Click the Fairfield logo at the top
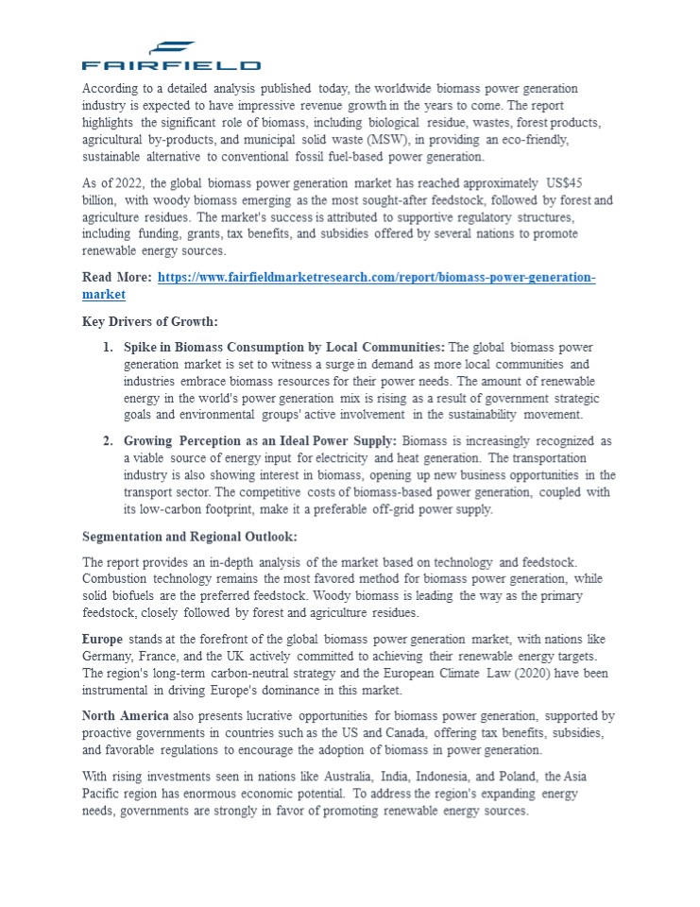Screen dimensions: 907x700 171,57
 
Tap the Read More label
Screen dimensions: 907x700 116,277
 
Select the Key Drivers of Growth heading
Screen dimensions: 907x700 150,321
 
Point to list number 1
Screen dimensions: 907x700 108,348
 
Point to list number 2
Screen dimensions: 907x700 108,441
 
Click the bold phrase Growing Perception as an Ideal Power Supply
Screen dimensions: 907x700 260,441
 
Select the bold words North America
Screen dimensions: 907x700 126,716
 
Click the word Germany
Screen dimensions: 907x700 111,657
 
